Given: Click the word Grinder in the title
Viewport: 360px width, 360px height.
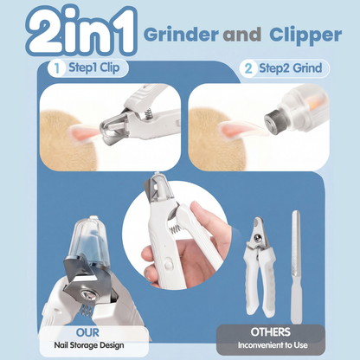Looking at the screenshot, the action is tap(181, 35).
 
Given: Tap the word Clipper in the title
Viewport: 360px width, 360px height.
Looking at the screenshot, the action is tap(305, 36).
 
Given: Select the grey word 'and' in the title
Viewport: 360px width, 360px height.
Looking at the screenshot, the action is tap(242, 35).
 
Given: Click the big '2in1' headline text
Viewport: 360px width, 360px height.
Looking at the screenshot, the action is tap(81, 31).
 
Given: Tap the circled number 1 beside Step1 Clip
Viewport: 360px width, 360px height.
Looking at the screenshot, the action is tap(57, 68).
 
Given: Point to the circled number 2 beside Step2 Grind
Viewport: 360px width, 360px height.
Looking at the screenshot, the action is tap(248, 68).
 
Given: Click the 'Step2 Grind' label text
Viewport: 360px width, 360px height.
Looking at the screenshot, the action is tap(290, 68).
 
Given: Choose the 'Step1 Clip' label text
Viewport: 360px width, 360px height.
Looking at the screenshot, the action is tap(94, 68).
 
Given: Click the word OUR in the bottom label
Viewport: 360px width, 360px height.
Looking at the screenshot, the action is tap(87, 332).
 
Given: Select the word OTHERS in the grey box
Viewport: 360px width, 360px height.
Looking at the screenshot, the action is tap(270, 332).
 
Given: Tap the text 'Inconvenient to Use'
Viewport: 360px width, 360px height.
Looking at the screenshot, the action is tap(273, 345).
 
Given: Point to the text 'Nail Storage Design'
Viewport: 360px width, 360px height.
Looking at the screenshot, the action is tap(89, 345).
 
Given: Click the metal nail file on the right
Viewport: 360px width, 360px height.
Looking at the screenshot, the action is tap(296, 267).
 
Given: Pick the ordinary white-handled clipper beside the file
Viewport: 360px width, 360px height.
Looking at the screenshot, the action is tap(259, 267).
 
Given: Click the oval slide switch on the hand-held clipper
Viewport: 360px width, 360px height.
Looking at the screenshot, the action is tap(168, 264).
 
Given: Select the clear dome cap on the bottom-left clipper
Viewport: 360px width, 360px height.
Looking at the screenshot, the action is tap(88, 240).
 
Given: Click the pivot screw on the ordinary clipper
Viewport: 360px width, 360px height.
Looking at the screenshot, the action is tap(258, 238).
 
